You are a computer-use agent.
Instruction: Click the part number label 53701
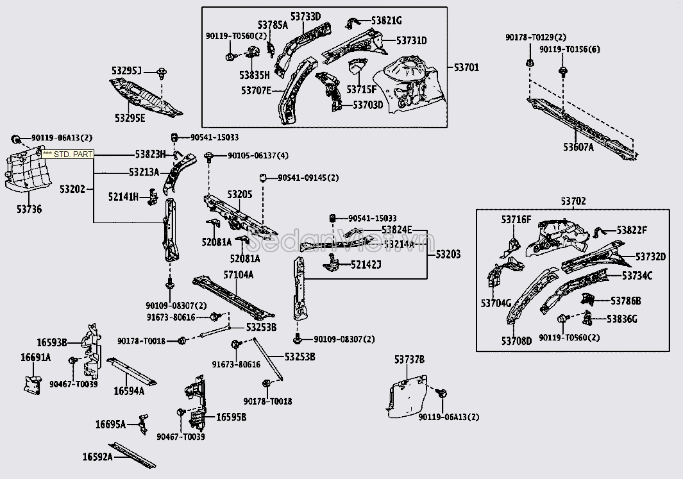click(x=466, y=67)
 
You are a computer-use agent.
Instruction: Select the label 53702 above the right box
click(x=573, y=201)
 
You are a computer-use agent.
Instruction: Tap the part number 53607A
click(x=578, y=147)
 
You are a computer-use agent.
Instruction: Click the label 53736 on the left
click(x=30, y=210)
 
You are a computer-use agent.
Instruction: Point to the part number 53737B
click(x=409, y=360)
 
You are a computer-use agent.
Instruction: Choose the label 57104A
click(x=239, y=275)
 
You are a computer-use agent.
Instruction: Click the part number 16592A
click(x=97, y=457)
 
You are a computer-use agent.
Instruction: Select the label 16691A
click(x=36, y=358)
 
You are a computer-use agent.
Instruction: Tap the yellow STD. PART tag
click(x=67, y=154)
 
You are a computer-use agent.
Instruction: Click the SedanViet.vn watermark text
click(x=341, y=241)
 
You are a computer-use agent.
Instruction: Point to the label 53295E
click(x=130, y=118)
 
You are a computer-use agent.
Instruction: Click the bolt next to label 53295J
click(x=162, y=73)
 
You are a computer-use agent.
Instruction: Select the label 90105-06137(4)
click(x=258, y=155)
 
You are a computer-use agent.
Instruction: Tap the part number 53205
click(x=240, y=194)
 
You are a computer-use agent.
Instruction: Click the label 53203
click(x=448, y=255)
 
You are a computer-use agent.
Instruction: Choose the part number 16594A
click(x=129, y=391)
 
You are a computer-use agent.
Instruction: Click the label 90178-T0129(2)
click(x=535, y=37)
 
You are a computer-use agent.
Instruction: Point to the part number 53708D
click(x=517, y=340)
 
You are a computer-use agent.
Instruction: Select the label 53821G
click(x=386, y=20)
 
